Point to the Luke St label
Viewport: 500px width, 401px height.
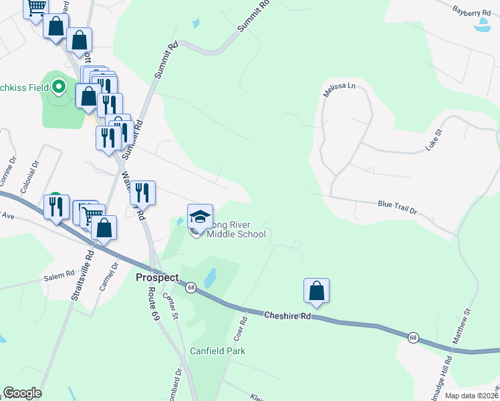coord(435,141)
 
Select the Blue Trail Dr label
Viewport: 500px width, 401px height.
coord(397,207)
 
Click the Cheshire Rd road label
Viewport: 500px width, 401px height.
coord(287,315)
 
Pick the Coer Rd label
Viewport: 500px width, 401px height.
coord(241,327)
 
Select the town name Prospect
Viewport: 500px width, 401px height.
coord(157,277)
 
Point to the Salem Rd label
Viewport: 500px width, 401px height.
coord(59,275)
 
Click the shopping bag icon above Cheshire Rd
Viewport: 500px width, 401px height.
coord(316,291)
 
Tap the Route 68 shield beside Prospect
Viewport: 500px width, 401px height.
coord(191,287)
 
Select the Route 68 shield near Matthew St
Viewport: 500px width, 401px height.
coord(414,337)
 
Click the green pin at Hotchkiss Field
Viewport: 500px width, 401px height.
coord(59,87)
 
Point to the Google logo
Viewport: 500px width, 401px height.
coord(22,393)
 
